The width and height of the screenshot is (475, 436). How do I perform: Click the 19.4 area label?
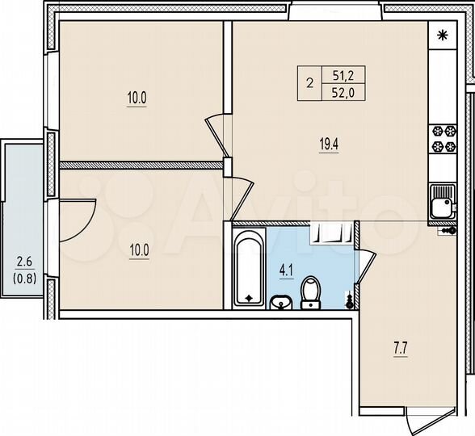click(328, 146)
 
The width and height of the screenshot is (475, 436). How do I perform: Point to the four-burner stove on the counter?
click(441, 139)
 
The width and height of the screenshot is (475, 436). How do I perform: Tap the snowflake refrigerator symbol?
click(441, 36)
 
